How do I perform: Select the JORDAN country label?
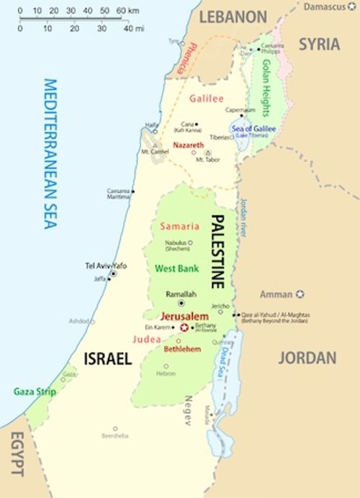click(307, 358)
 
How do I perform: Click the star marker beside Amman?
click(300, 294)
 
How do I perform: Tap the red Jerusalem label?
click(185, 316)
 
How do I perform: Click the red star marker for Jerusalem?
click(184, 327)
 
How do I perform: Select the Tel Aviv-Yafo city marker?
click(113, 274)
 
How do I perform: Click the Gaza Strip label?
click(35, 391)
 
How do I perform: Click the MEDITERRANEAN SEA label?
click(50, 154)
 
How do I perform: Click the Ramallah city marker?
click(181, 304)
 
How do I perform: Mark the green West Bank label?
click(176, 268)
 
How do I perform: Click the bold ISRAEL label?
click(107, 358)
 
